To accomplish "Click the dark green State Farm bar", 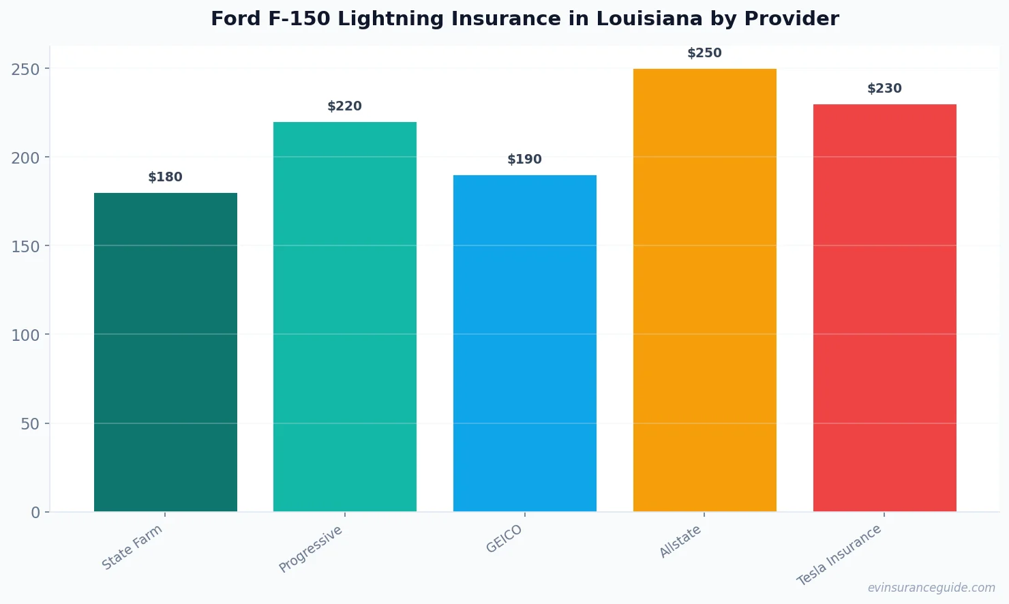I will [165, 352].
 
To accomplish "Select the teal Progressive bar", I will [344, 316].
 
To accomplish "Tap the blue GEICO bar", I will [524, 343].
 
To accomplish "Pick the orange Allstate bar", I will [704, 290].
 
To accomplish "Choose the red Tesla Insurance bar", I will [884, 307].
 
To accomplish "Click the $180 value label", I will [165, 177].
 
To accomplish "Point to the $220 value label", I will [344, 106].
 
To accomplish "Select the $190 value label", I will [524, 160].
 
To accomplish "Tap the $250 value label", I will [704, 53].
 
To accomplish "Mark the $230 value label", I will [884, 89].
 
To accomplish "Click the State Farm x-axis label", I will [132, 547].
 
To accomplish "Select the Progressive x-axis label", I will [311, 549].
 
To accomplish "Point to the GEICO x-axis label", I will [504, 539].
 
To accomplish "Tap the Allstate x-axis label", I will [680, 542].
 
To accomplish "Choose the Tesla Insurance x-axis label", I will [839, 555].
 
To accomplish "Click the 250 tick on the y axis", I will [25, 69].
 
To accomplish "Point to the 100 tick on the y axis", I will [25, 335].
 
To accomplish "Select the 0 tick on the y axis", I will [35, 513].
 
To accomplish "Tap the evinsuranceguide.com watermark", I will [931, 588].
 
